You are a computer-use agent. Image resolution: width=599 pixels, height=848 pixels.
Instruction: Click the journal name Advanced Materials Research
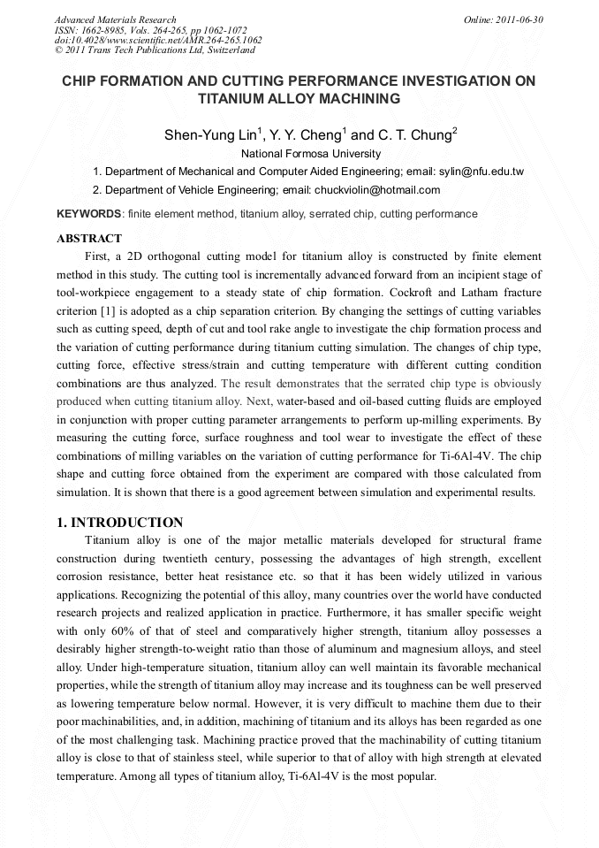(x=116, y=19)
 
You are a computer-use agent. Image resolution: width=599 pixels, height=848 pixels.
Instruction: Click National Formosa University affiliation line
(x=299, y=154)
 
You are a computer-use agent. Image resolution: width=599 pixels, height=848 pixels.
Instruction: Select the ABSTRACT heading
(x=89, y=238)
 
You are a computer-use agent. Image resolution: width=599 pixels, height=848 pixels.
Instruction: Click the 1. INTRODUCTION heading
(x=119, y=523)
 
